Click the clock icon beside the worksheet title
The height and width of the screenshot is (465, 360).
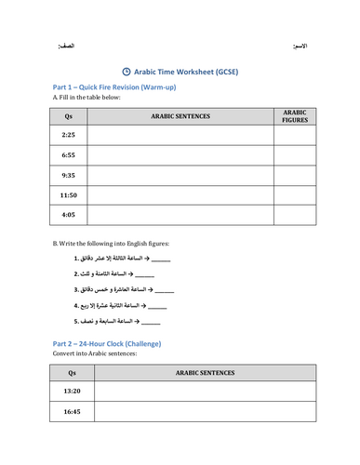pos(127,70)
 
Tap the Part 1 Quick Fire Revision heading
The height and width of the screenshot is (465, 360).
pos(114,86)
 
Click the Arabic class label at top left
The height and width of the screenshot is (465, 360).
pos(66,46)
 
